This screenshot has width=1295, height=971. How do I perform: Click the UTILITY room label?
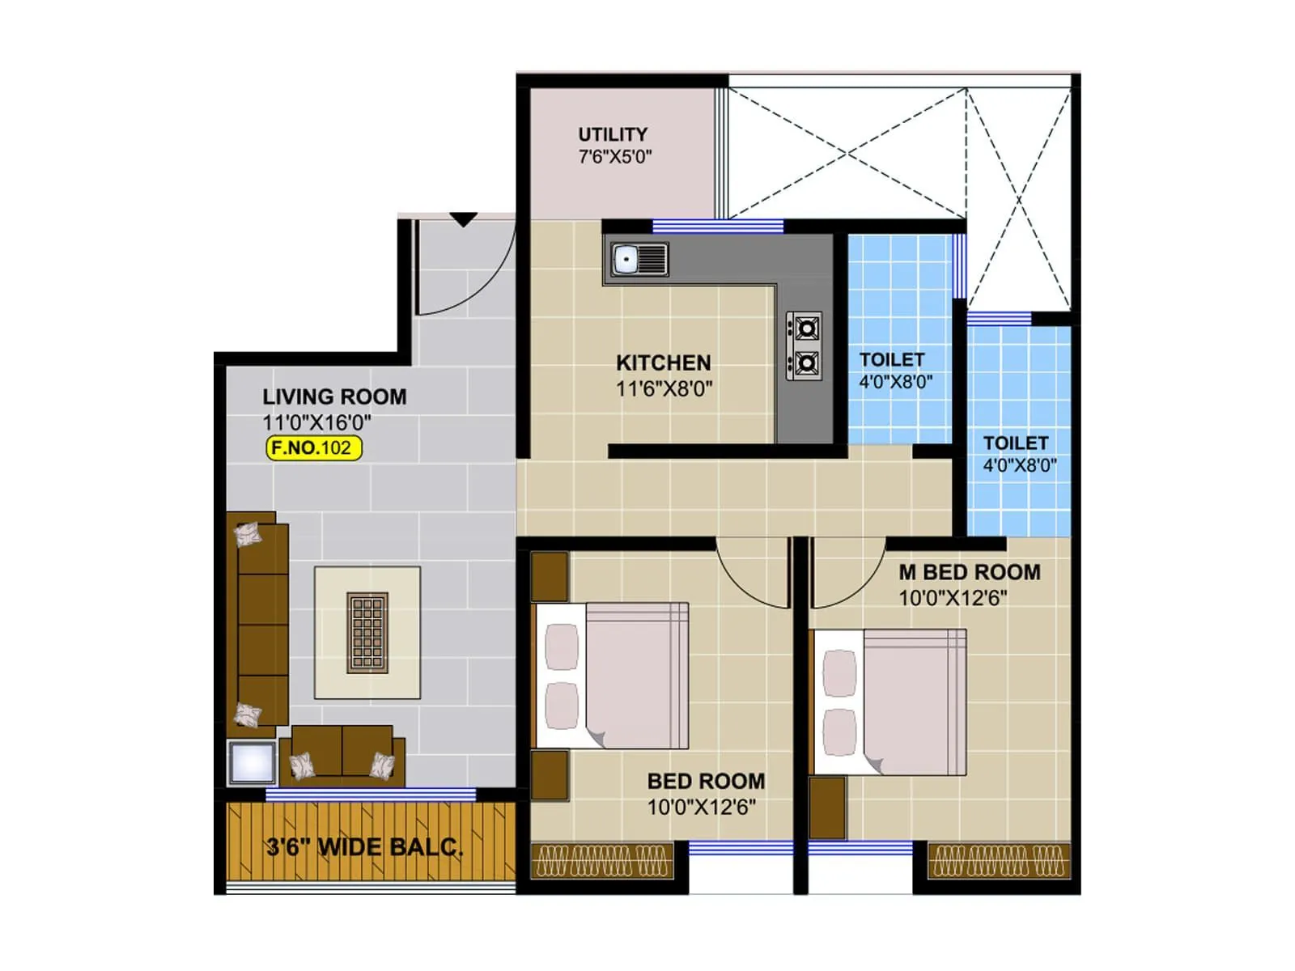[x=612, y=134]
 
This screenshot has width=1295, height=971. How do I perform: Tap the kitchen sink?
[x=627, y=260]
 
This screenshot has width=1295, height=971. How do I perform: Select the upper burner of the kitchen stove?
[x=805, y=329]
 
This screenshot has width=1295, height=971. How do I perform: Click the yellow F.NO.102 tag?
[x=314, y=447]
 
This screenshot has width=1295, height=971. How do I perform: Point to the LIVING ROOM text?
[x=334, y=396]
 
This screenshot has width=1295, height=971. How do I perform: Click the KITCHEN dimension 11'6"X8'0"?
[x=664, y=389]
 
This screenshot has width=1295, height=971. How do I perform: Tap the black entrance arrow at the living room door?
[x=463, y=219]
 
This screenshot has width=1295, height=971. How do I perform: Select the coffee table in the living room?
[x=367, y=633]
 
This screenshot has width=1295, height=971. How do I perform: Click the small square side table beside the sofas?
[x=252, y=762]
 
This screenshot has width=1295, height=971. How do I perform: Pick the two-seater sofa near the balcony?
[x=342, y=754]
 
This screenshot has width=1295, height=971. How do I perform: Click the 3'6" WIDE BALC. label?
[x=365, y=847]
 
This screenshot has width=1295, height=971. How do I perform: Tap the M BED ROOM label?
[x=970, y=572]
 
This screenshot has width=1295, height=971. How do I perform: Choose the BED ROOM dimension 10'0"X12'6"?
[x=701, y=807]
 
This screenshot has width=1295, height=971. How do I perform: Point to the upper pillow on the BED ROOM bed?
[x=561, y=646]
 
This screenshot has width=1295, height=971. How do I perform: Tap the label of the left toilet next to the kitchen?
[x=892, y=360]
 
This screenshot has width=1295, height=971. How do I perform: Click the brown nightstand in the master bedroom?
[x=827, y=808]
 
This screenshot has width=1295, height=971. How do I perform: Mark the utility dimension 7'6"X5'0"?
[x=614, y=157]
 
